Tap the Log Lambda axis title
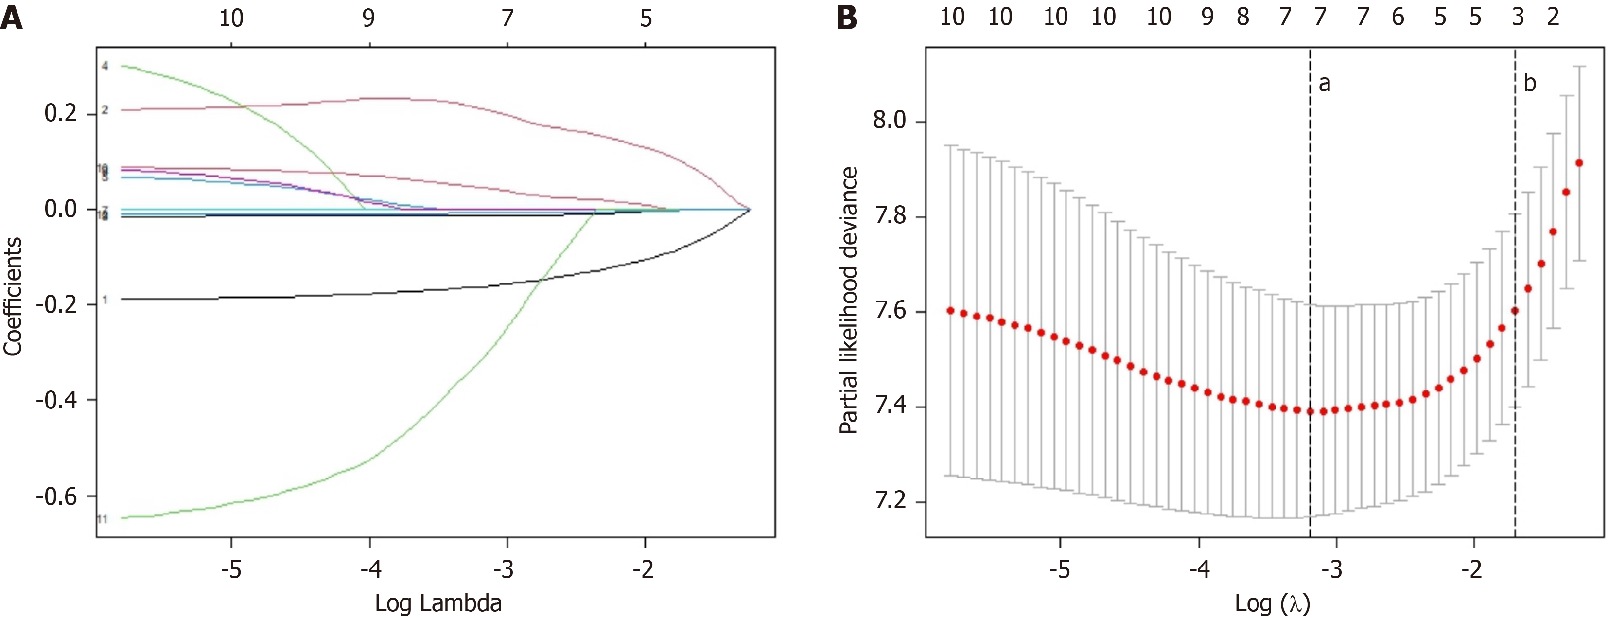438,603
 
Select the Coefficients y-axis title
13,297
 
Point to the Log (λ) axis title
1272,603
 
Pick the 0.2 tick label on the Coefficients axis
61,114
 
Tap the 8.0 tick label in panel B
890,121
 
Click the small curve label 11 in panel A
103,519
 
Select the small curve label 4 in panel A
105,66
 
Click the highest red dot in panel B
1579,163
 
